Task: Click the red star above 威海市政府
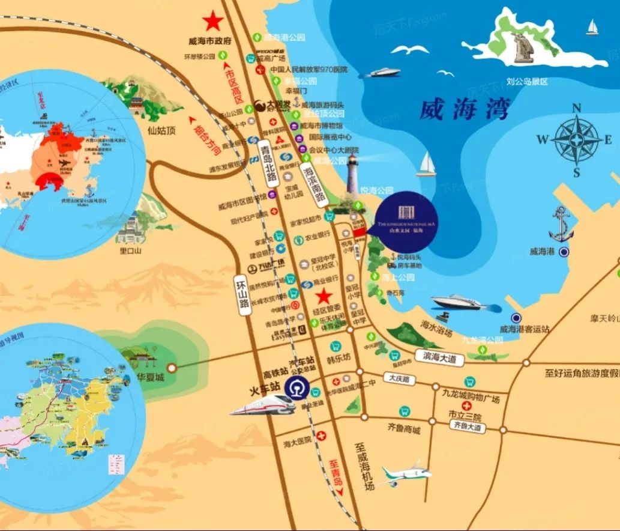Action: tap(212, 22)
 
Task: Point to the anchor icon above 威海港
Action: tap(561, 223)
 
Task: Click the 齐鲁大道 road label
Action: tap(468, 426)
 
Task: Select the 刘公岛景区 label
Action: tap(527, 80)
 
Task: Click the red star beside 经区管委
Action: tap(324, 296)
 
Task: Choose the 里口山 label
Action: tap(130, 251)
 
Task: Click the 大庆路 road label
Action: tap(398, 380)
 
